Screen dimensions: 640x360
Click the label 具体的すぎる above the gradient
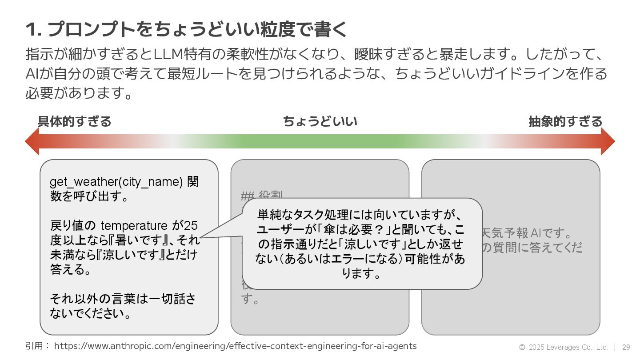click(x=74, y=121)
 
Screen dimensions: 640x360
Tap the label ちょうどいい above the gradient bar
click(x=320, y=121)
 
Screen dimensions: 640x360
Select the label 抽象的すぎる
click(x=565, y=121)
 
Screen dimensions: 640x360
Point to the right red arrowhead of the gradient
click(x=607, y=141)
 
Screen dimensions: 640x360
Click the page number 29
click(x=626, y=347)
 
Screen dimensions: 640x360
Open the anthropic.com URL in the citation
click(x=235, y=346)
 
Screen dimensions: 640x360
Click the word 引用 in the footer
click(x=34, y=346)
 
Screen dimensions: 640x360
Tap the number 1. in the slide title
click(x=33, y=30)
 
